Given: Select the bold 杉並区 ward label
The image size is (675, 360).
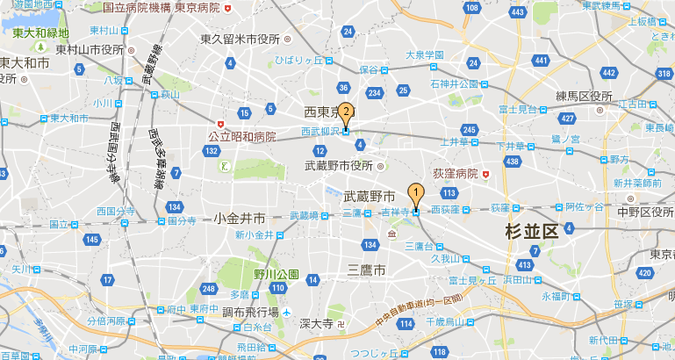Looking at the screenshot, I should [x=532, y=232].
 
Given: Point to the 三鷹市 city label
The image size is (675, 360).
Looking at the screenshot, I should [x=366, y=270].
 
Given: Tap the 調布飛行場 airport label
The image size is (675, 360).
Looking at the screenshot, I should [x=250, y=313].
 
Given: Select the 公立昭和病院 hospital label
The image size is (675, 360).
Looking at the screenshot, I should [x=241, y=137].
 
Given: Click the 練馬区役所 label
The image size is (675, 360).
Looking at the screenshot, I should [x=583, y=96].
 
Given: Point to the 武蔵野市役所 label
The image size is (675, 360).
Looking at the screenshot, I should [x=339, y=165].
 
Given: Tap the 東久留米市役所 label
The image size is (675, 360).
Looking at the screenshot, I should [x=240, y=39].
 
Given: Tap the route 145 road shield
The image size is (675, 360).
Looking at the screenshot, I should [x=92, y=240].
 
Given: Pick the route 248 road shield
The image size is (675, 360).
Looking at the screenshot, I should [x=208, y=289].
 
